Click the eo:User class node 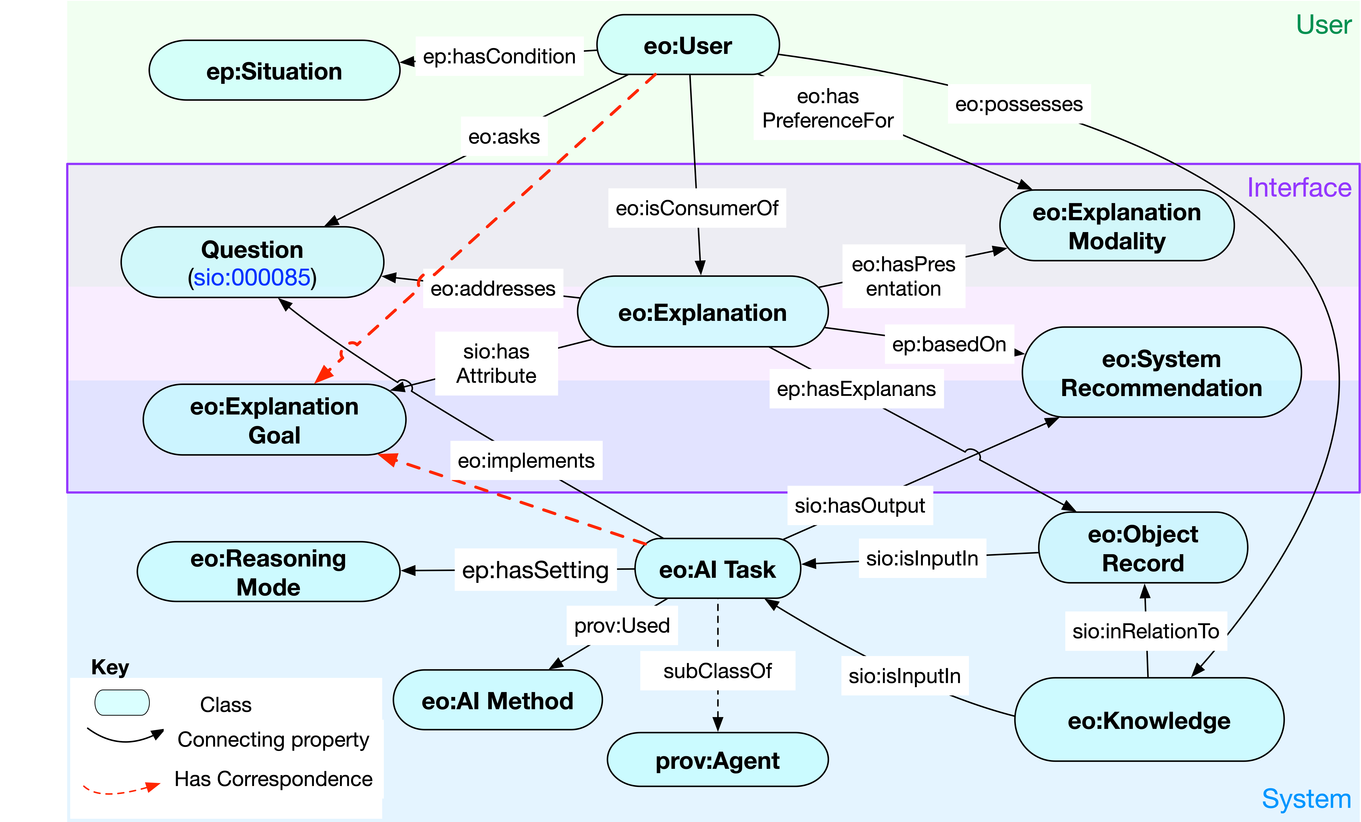pos(688,45)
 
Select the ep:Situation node pos(274,71)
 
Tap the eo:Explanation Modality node pos(1116,226)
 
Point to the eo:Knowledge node pos(1149,720)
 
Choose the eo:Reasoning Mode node pos(268,572)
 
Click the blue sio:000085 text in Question pos(252,277)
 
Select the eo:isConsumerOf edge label pos(697,208)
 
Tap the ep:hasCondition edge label pos(499,56)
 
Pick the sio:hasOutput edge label pos(860,505)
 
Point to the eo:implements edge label pos(526,460)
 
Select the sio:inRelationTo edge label pos(1146,631)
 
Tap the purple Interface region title pos(1299,188)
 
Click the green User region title pos(1323,25)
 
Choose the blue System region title pos(1306,799)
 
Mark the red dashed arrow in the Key pos(121,788)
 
